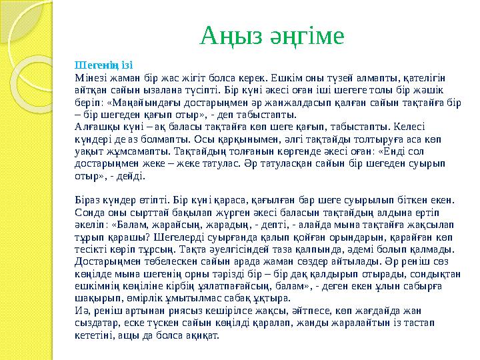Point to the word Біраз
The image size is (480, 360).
point(90,198)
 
